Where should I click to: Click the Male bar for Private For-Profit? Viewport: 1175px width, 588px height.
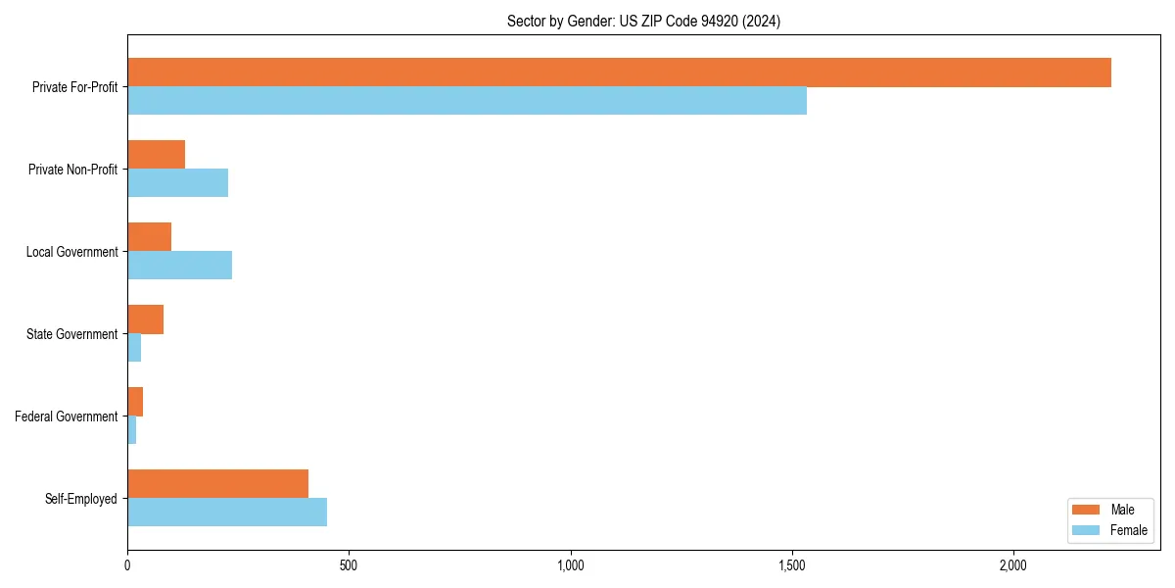(619, 73)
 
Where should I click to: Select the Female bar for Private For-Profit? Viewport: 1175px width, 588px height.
(467, 101)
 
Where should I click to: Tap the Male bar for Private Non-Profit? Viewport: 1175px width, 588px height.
(156, 155)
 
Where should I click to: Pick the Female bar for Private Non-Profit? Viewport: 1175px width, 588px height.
(177, 183)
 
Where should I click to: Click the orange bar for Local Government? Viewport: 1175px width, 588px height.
(149, 237)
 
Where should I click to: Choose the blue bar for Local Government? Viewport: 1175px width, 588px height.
(179, 266)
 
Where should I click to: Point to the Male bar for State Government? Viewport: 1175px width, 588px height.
(145, 319)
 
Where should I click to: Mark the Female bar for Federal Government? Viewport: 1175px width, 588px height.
(131, 430)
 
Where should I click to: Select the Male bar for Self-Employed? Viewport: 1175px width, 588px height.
(217, 484)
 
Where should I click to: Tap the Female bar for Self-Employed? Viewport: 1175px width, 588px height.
(227, 513)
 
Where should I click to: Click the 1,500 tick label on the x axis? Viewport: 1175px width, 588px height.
(791, 565)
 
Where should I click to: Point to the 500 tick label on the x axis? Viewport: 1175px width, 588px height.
(349, 565)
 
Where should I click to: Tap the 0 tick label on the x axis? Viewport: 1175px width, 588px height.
(127, 565)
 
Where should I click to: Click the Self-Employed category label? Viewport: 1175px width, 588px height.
(80, 499)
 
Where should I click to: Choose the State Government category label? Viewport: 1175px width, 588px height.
(71, 334)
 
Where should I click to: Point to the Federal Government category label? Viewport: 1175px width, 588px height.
(66, 416)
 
